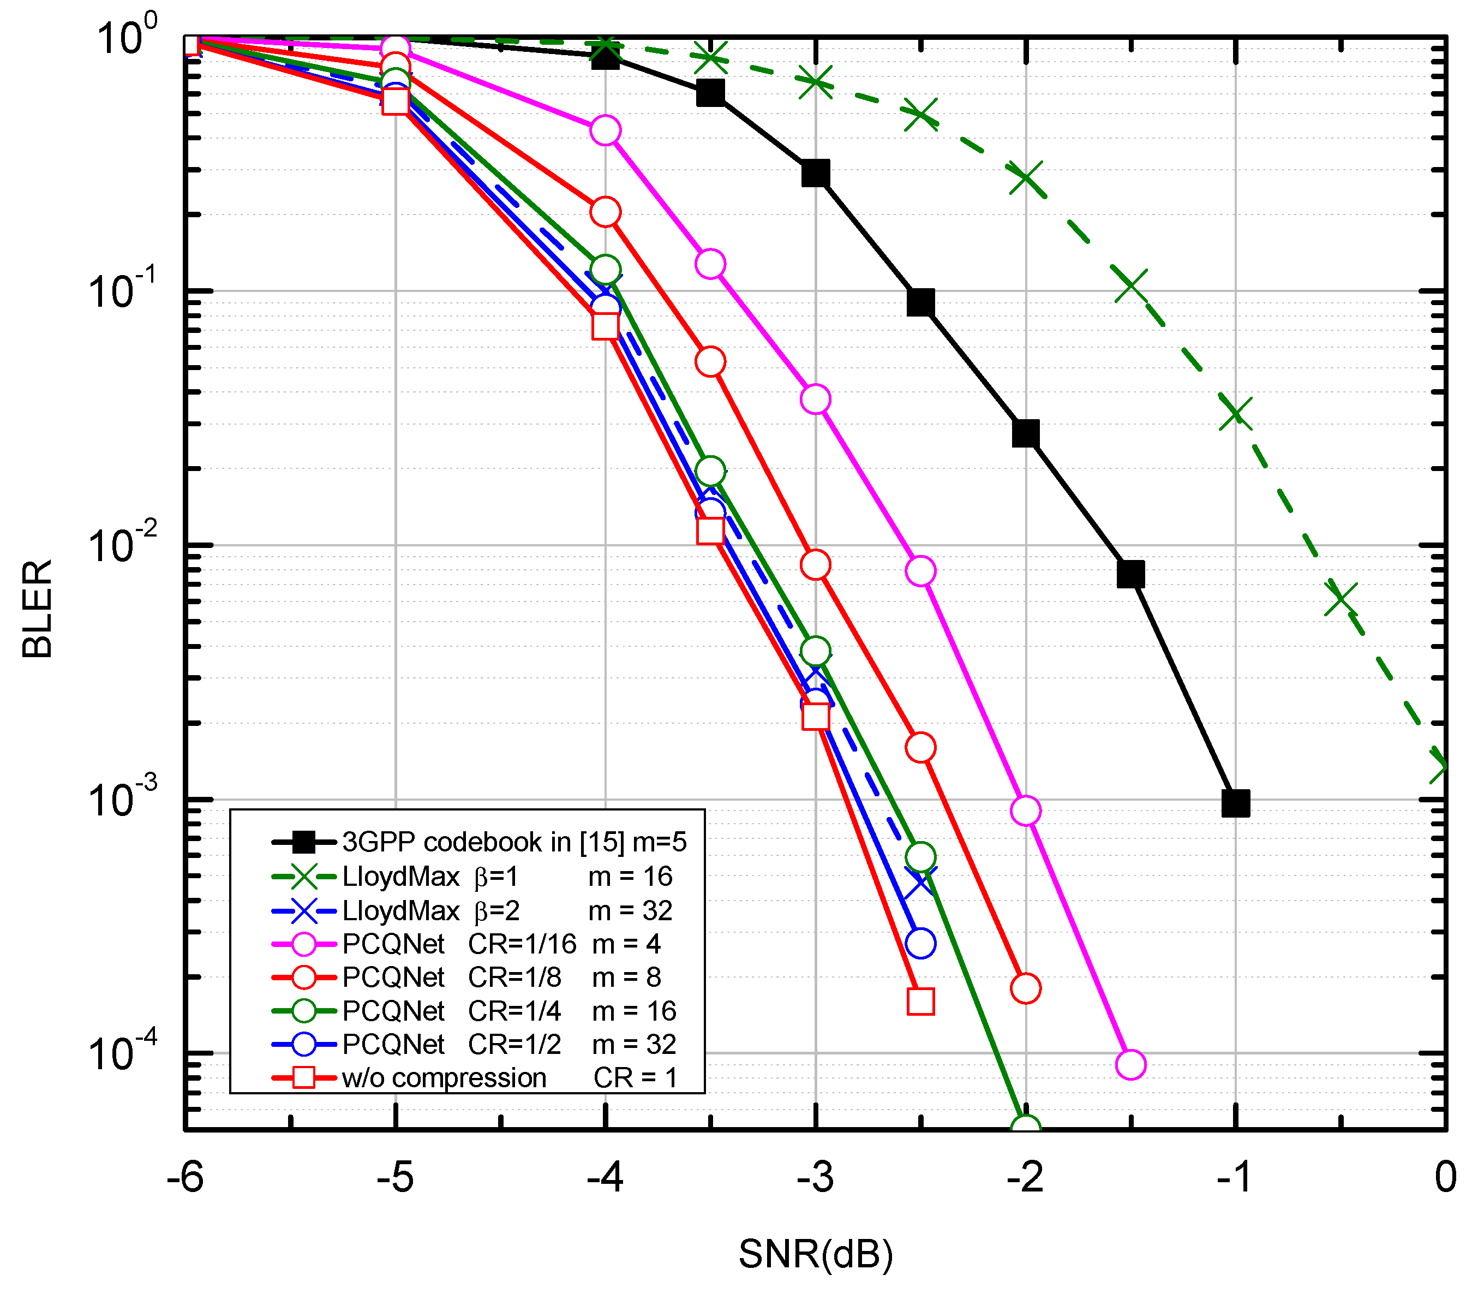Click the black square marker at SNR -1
[1236, 803]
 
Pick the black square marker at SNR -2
[1026, 434]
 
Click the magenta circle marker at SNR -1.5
[1130, 1064]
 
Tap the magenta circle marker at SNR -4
[605, 130]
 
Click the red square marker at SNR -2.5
[920, 1002]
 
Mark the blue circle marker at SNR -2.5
[920, 943]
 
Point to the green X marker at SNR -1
[1236, 413]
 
